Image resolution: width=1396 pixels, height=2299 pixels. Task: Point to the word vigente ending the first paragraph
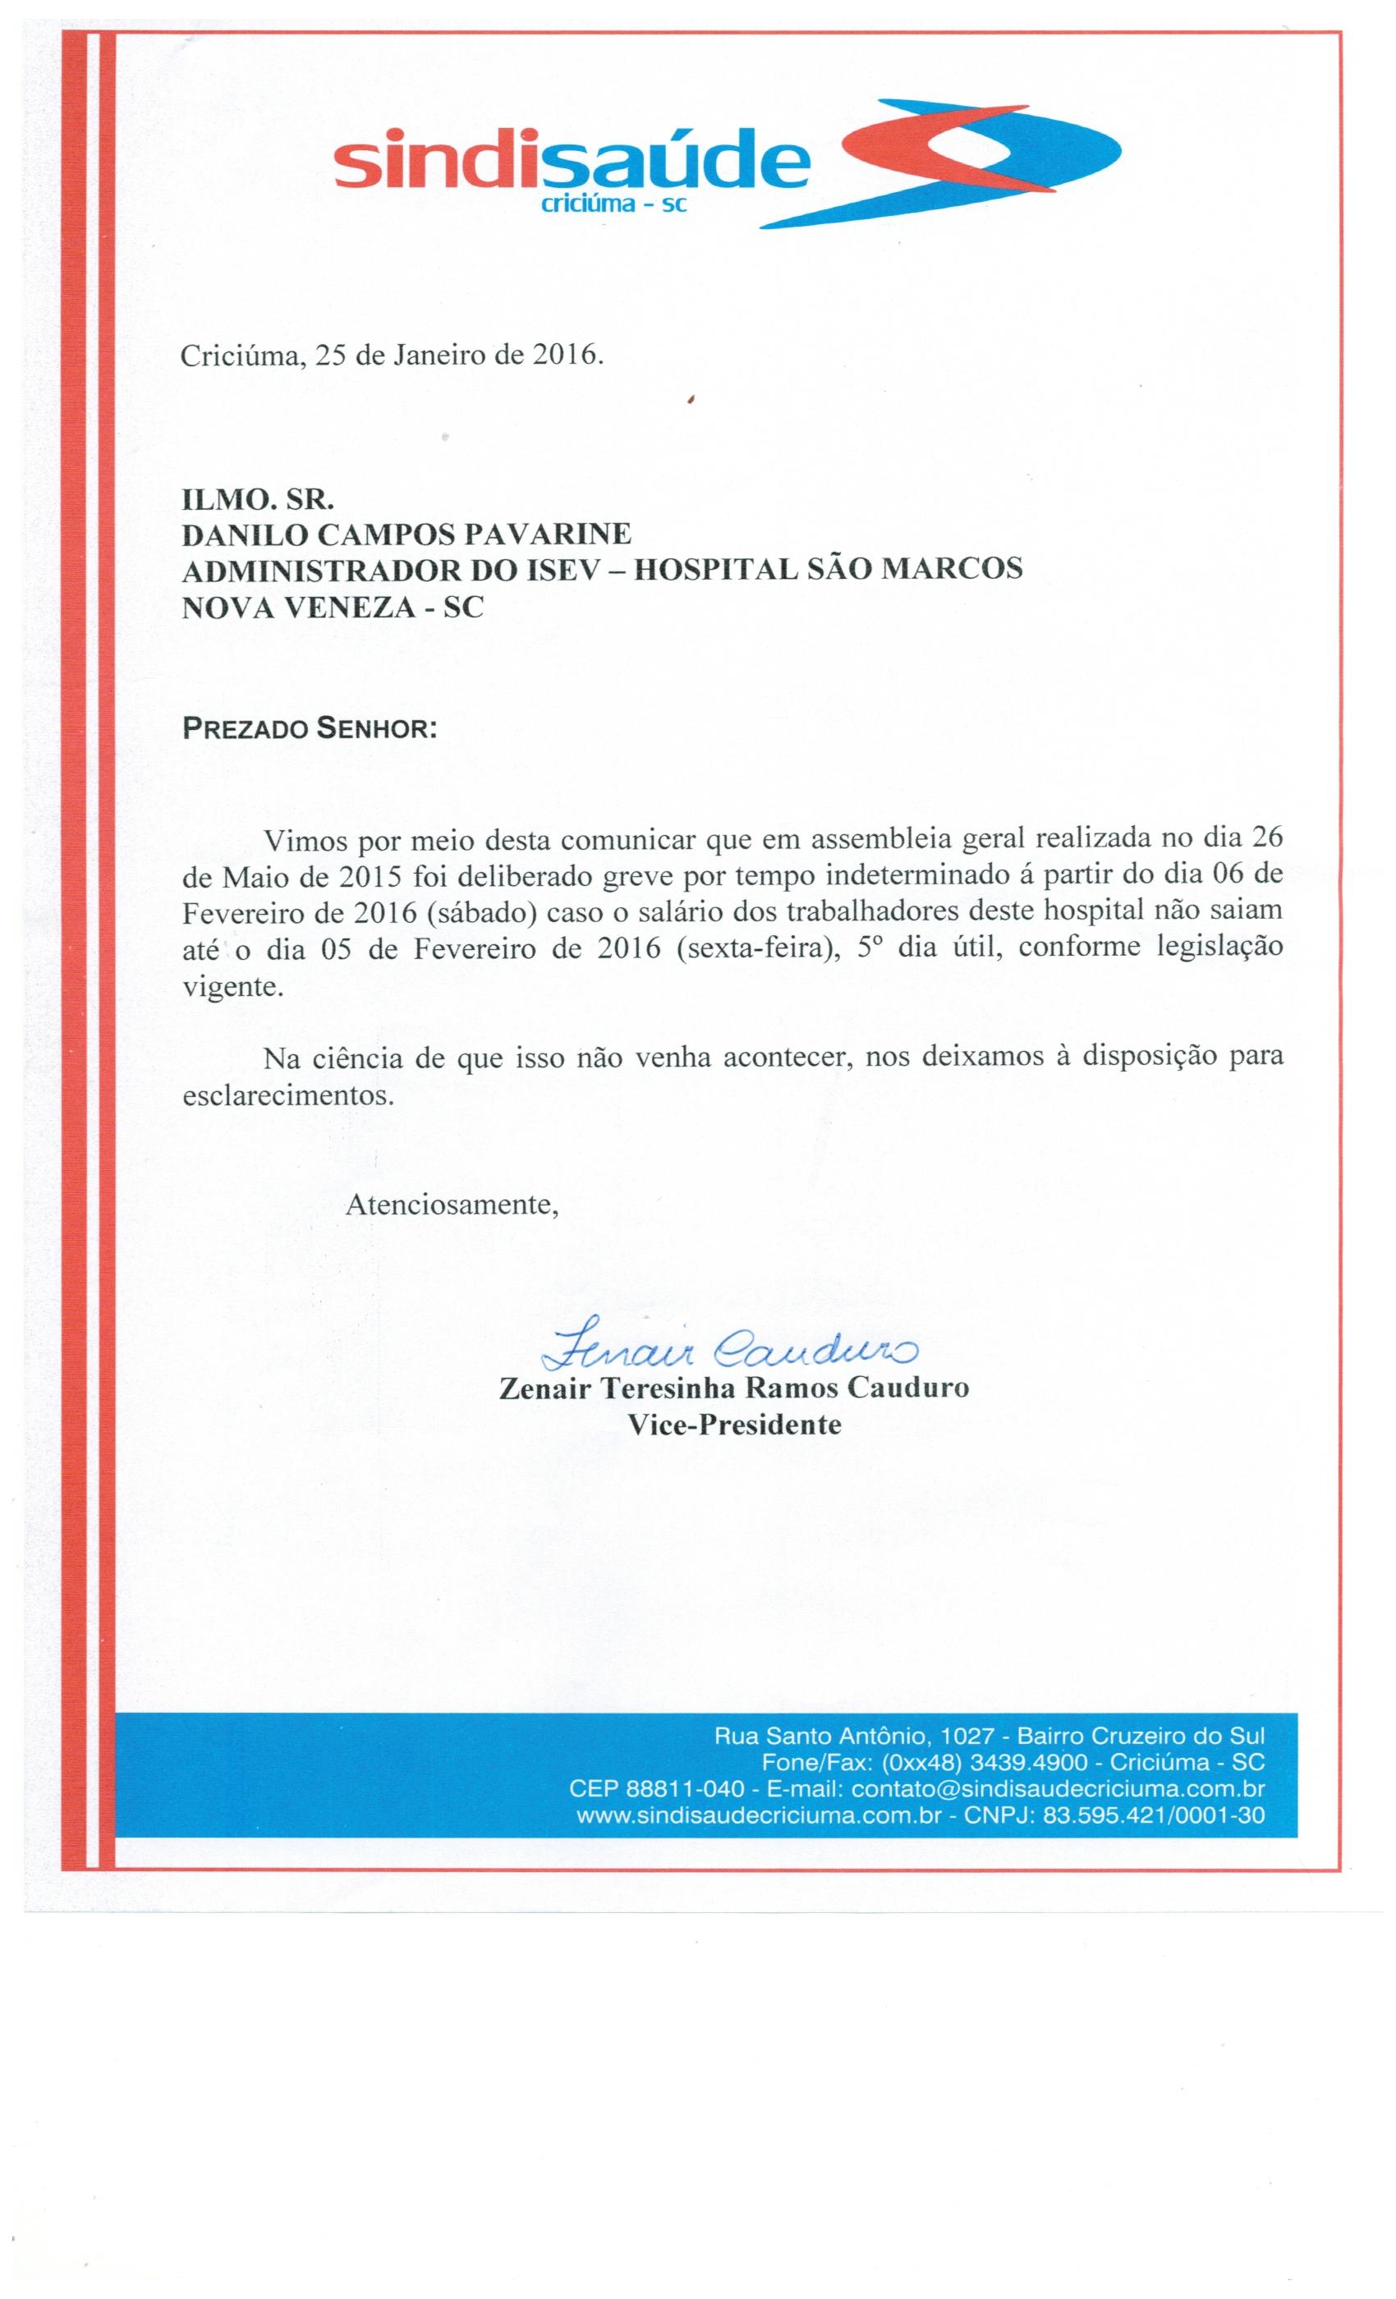pos(232,985)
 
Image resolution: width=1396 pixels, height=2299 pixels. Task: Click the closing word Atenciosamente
pos(452,1205)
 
